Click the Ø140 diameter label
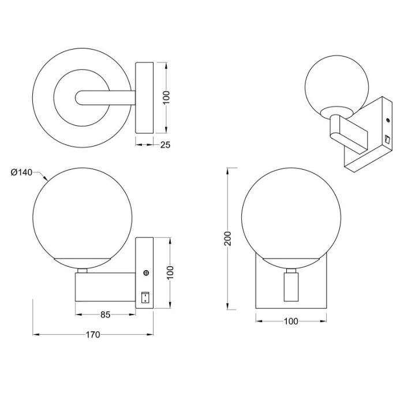21,172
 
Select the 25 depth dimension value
165,145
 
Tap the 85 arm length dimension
106,315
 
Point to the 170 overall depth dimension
93,334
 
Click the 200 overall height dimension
228,238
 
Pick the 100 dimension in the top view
167,98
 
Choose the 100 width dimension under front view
291,321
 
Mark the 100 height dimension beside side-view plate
171,272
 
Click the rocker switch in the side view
145,297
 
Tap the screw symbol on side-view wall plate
146,272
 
